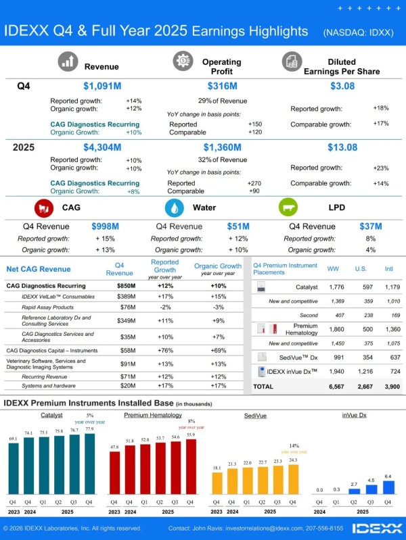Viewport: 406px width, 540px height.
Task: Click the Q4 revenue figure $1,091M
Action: point(102,86)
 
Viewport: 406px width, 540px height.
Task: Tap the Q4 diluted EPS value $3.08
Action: point(342,86)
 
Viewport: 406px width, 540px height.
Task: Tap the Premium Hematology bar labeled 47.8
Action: point(115,472)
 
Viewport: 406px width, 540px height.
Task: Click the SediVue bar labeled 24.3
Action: point(292,479)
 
